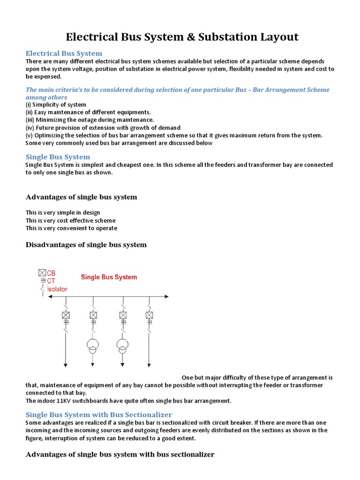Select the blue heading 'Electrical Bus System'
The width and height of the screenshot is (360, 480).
point(64,53)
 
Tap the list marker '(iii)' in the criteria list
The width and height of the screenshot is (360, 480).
point(30,120)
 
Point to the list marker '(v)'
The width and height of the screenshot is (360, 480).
point(29,135)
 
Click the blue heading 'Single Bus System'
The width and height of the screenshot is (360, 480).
point(58,157)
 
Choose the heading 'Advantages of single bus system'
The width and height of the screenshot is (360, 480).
point(82,197)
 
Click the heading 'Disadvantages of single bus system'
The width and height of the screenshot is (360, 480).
point(86,245)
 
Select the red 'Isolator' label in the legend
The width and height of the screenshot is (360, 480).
point(57,289)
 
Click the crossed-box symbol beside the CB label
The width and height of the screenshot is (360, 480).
point(42,272)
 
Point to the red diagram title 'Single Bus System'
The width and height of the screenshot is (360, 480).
point(109,277)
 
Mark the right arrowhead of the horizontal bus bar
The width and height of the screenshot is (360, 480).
point(167,296)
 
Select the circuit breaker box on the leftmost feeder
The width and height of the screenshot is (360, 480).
point(66,315)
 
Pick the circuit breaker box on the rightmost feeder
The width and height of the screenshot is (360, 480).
point(150,315)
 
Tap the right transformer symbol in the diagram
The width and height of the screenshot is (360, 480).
point(122,346)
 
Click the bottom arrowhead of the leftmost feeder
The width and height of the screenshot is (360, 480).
point(66,365)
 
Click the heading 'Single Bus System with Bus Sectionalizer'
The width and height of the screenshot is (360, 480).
point(99,415)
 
